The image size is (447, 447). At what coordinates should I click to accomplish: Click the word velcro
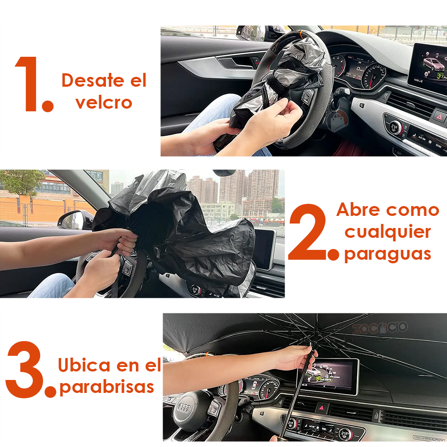(104, 102)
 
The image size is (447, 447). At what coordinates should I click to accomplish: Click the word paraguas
(388, 254)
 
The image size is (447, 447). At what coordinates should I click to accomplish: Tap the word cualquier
(388, 232)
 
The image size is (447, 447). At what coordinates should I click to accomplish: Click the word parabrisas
(107, 387)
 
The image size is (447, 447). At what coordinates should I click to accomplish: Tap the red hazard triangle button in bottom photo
(322, 408)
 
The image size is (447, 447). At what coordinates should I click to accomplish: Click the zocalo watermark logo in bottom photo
(380, 328)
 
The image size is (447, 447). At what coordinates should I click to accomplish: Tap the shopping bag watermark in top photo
(337, 121)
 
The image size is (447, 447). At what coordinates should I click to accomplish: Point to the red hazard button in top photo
(438, 117)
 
